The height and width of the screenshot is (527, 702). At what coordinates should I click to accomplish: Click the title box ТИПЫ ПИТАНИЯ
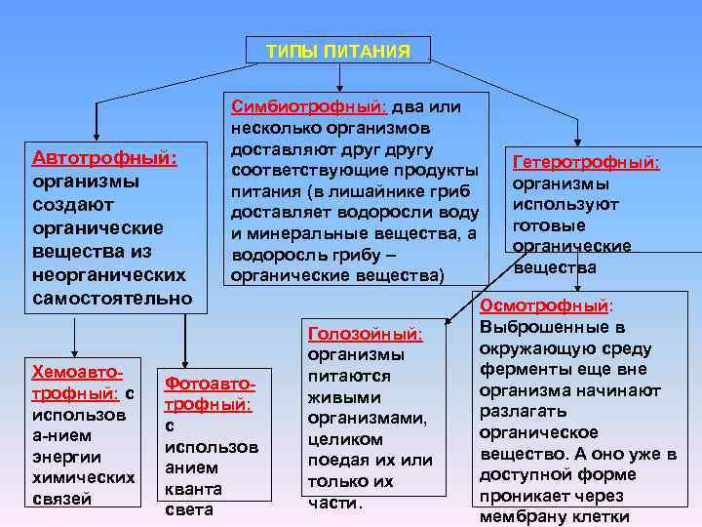tap(338, 51)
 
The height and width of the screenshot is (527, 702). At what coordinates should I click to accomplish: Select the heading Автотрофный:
tap(104, 158)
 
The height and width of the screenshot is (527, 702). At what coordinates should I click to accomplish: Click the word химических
tap(83, 478)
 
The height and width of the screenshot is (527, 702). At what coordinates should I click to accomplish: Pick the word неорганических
tap(108, 274)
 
